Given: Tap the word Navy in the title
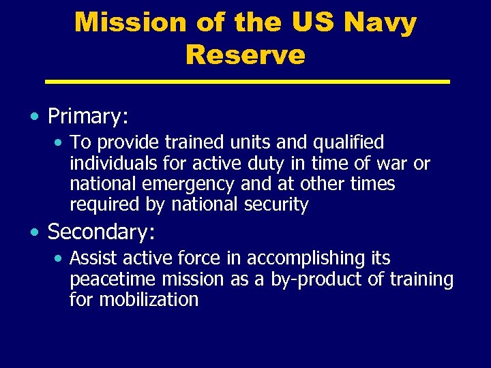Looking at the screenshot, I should tap(380, 22).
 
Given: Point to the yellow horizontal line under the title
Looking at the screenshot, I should tap(247, 82).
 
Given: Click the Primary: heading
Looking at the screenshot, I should tap(88, 117).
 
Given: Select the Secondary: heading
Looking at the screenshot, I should tap(102, 232).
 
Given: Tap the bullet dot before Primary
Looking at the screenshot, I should tap(35, 117).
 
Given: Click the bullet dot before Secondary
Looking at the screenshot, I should tap(35, 232).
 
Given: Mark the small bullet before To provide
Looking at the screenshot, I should tap(59, 143).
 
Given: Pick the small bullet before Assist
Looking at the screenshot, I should tap(59, 259).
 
